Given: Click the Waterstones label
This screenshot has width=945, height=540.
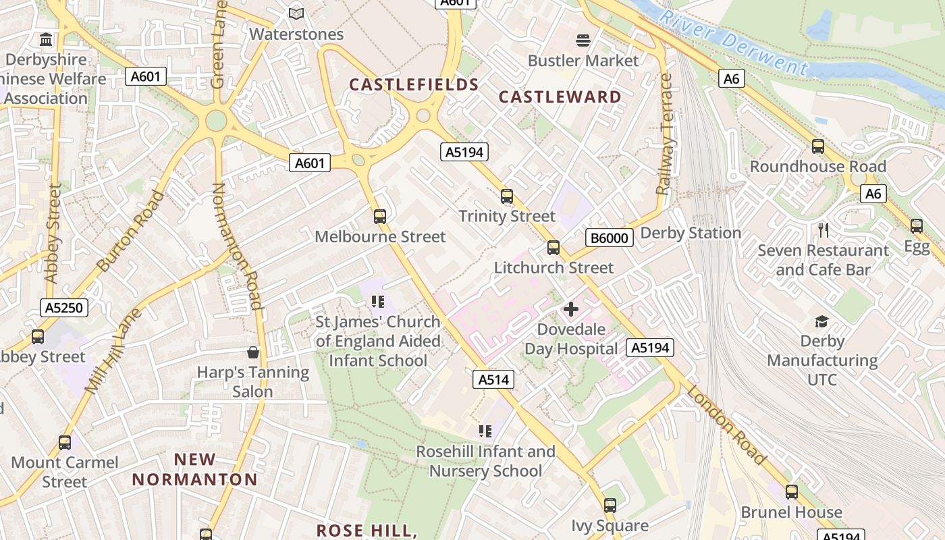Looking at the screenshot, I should tap(296, 34).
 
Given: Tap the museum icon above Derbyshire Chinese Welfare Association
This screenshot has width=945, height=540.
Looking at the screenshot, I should tap(46, 40).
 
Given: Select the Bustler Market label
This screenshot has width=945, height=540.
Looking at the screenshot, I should tap(583, 61).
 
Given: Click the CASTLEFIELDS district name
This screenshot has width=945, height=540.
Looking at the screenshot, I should tap(414, 85).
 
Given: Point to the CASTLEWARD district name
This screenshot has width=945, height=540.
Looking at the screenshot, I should tap(560, 97).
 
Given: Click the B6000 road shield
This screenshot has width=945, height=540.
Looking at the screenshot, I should tap(609, 238).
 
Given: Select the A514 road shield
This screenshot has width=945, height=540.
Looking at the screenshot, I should tap(493, 380).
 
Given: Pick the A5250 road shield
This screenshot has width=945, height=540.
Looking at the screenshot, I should tap(64, 308).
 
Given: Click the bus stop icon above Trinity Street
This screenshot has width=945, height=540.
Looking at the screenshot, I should tap(507, 196).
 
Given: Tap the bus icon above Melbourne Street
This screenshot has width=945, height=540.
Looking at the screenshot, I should tap(380, 217).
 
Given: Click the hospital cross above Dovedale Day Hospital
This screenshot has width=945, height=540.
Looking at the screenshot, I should tap(571, 309).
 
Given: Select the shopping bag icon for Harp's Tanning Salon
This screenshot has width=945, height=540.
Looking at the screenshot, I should tap(253, 352).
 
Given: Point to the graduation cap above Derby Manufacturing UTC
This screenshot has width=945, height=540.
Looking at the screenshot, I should tap(822, 321).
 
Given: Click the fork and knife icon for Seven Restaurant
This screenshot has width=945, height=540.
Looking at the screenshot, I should tap(823, 230).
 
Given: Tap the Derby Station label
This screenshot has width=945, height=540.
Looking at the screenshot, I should tap(691, 234).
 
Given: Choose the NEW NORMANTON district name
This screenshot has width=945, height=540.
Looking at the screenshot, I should tap(194, 470).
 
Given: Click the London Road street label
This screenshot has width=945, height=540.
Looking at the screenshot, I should tap(727, 426).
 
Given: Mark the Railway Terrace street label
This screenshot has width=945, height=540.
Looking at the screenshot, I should tap(666, 134).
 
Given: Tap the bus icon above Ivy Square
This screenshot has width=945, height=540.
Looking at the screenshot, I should tap(610, 505).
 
